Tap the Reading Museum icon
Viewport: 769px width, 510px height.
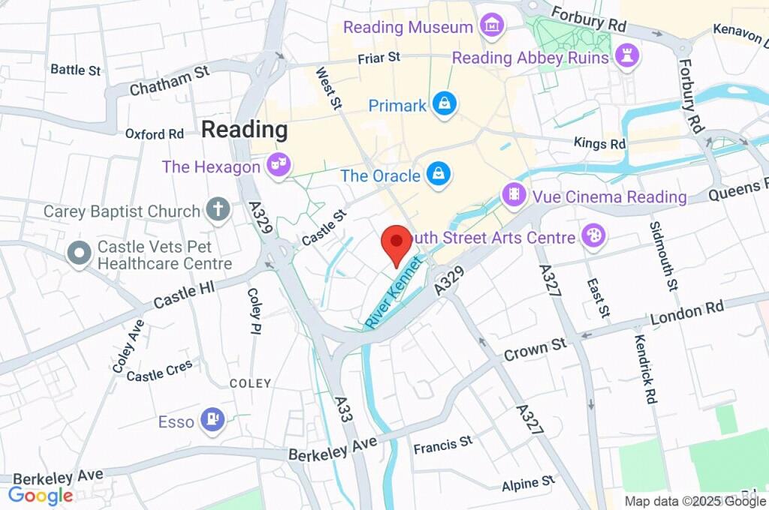click(x=492, y=25)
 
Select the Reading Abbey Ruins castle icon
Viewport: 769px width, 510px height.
click(x=627, y=54)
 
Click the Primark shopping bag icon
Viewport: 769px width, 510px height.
click(x=445, y=105)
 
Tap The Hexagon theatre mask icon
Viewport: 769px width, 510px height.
click(x=279, y=166)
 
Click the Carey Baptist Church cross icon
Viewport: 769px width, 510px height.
click(x=219, y=209)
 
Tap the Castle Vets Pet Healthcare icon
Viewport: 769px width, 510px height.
click(x=78, y=253)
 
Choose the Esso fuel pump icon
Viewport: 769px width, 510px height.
click(x=213, y=421)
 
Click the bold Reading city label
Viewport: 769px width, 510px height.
click(x=244, y=129)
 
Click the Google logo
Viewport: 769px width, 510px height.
click(x=41, y=495)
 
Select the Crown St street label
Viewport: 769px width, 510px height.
click(x=535, y=348)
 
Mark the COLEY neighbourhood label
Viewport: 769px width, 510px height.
click(x=250, y=383)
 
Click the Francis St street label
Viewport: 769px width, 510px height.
click(x=443, y=445)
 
